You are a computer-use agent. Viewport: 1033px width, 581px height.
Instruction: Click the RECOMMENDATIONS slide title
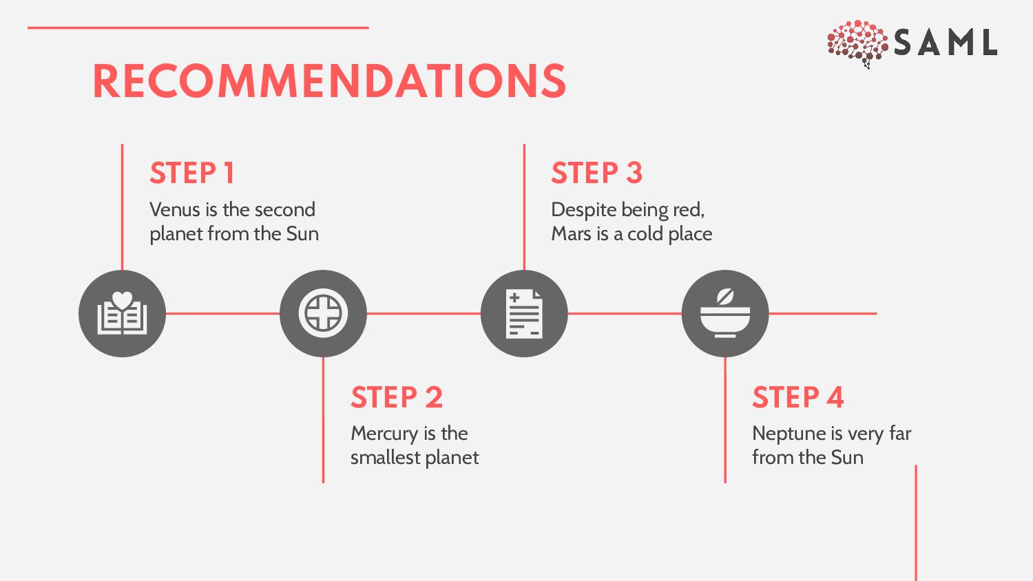(329, 81)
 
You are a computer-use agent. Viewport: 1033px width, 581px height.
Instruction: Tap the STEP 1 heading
(192, 173)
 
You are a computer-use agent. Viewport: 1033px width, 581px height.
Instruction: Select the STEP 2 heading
(396, 397)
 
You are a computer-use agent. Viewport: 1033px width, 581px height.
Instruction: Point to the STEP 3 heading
(596, 173)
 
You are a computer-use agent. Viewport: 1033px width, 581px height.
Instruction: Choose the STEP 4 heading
(797, 397)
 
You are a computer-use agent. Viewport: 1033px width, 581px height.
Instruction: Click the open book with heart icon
(122, 314)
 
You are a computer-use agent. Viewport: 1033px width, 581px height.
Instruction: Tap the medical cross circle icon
(323, 314)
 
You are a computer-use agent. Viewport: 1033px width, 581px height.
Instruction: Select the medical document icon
(524, 314)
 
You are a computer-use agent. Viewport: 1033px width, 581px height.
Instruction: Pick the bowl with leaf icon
(725, 314)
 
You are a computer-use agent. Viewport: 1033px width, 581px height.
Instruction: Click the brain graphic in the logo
(857, 43)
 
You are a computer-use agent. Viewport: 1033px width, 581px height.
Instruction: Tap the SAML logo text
(946, 43)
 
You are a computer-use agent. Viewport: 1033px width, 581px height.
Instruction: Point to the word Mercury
(384, 434)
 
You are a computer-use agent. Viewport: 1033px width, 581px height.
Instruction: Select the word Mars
(571, 234)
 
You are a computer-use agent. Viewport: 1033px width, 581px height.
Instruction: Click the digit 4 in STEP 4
(835, 397)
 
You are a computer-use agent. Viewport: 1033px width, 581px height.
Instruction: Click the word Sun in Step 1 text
(302, 234)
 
